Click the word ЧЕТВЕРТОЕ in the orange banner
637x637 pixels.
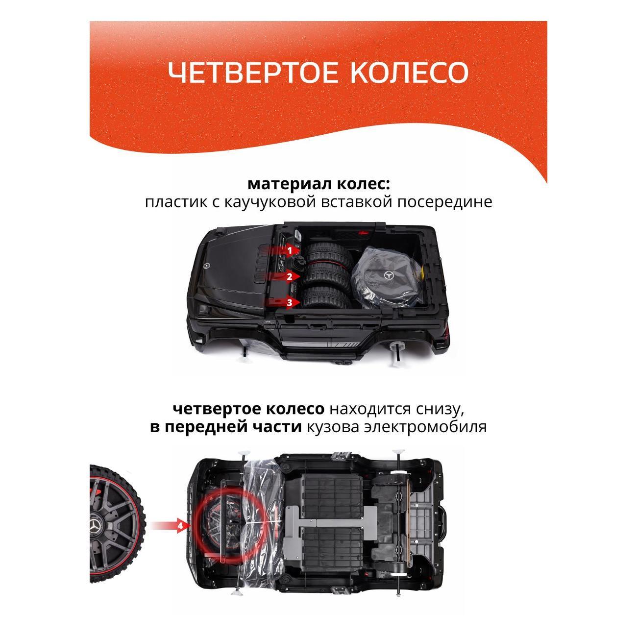click(252, 72)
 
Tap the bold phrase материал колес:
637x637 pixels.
click(318, 184)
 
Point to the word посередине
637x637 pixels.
click(444, 202)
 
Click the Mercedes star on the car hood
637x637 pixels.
click(208, 266)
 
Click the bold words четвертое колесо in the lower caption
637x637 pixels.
click(248, 409)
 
